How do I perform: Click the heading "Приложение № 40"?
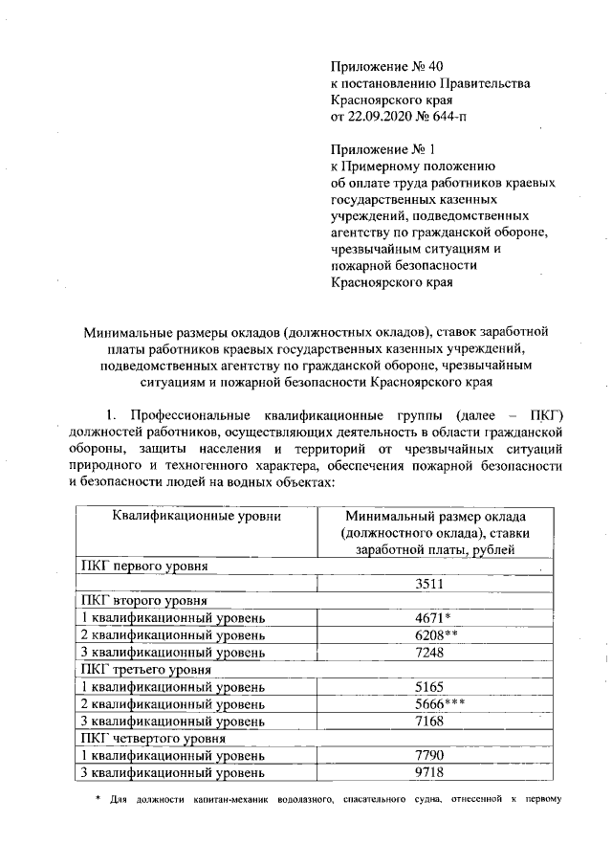[387, 66]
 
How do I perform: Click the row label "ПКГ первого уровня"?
[144, 566]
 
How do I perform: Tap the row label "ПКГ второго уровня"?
[143, 601]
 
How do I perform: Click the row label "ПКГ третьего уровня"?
[146, 670]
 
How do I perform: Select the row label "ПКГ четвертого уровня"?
[153, 739]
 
